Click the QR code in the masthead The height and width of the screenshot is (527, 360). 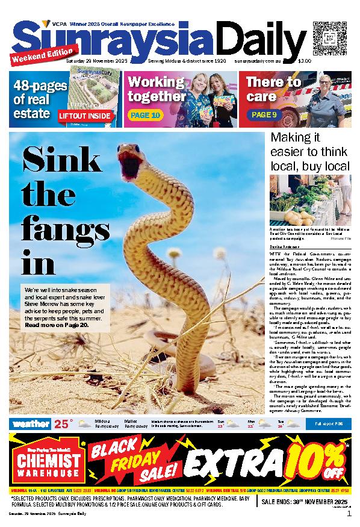coord(326,35)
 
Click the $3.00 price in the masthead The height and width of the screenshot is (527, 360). coord(305,61)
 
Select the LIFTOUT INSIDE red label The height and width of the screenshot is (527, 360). coord(85,115)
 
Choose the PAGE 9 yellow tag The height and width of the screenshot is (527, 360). coord(264,114)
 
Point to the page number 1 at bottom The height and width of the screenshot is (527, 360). coord(349,514)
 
